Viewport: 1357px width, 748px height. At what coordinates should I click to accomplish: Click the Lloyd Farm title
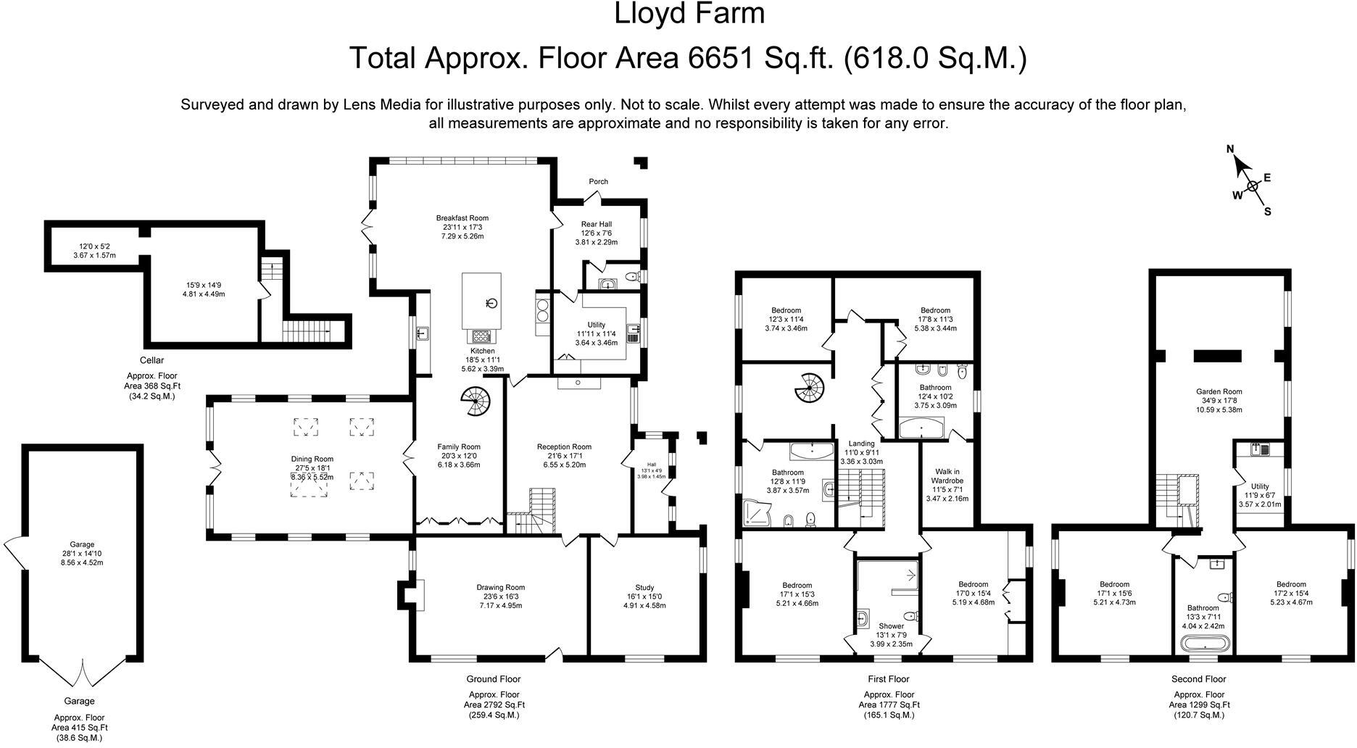(689, 13)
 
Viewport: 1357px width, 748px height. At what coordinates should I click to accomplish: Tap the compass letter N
(1230, 149)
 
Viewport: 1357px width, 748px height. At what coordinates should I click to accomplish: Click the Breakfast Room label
(462, 218)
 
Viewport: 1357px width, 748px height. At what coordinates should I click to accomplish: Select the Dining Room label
(312, 459)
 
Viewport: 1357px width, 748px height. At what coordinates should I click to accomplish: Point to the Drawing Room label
(501, 588)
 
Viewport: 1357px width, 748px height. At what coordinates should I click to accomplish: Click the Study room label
(644, 588)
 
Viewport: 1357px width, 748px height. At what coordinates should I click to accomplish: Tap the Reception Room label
(564, 447)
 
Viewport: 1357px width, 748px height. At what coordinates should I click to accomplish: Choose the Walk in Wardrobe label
(947, 475)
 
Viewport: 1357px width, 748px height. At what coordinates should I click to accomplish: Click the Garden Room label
(1219, 392)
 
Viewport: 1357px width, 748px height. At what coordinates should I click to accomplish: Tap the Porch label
(599, 181)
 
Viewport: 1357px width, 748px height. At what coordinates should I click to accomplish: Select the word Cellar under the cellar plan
(152, 360)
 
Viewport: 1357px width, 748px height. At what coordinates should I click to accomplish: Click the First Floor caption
(888, 679)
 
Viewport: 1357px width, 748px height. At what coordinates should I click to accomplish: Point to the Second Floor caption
(1198, 679)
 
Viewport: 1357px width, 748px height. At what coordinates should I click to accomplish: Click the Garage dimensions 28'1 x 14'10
(82, 553)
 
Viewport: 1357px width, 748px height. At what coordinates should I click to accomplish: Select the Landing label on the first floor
(861, 444)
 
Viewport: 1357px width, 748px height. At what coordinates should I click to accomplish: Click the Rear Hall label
(597, 225)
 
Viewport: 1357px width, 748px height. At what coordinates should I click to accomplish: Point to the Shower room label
(891, 626)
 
